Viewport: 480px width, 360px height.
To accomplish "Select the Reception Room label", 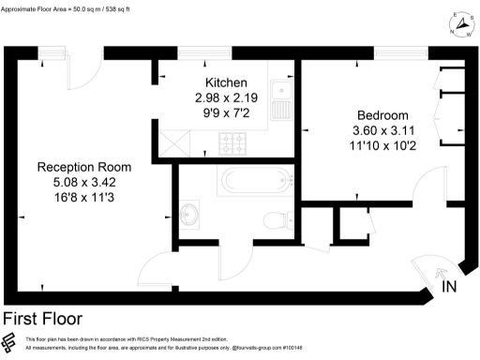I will [x=83, y=167].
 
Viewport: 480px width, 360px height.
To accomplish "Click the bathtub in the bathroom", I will [x=256, y=179].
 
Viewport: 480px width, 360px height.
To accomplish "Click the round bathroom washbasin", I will [x=192, y=214].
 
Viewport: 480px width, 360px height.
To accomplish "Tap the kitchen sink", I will [x=279, y=94].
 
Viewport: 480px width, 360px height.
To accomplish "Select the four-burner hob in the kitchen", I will [x=232, y=142].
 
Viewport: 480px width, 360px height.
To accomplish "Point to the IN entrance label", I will [x=451, y=288].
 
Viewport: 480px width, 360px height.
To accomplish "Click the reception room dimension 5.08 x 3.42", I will [x=83, y=182].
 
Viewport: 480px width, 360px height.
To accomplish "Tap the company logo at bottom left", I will [x=11, y=341].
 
